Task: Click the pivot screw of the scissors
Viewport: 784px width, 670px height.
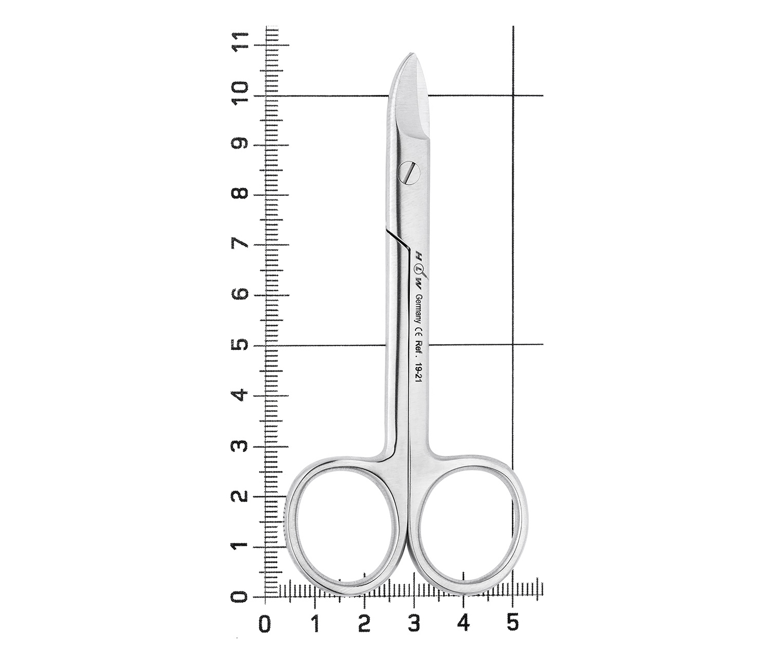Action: click(x=410, y=173)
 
